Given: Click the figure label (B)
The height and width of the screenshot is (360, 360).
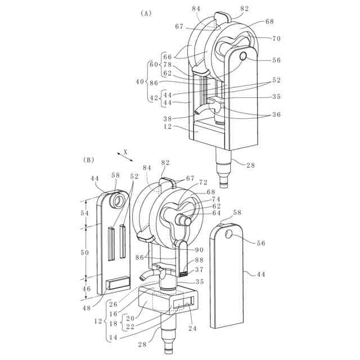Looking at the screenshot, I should pyautogui.click(x=88, y=160).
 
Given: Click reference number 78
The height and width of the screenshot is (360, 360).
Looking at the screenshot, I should pyautogui.click(x=168, y=65).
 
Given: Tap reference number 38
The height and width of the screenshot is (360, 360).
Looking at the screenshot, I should pyautogui.click(x=168, y=119).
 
